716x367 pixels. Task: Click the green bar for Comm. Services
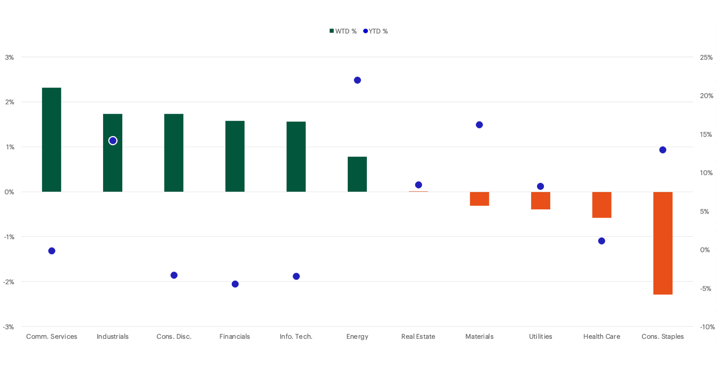(51, 139)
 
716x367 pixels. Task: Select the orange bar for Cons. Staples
(663, 243)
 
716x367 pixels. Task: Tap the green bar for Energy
(357, 174)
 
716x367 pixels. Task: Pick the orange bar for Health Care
(602, 205)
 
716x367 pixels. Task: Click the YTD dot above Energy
(357, 80)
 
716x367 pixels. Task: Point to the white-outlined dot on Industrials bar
(113, 141)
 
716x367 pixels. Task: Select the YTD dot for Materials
(479, 125)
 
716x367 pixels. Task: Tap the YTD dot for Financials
(235, 284)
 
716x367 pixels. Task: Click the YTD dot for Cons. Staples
(663, 150)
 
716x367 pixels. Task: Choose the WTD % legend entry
(343, 31)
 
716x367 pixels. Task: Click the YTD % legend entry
(376, 31)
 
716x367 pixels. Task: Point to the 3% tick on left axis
(9, 57)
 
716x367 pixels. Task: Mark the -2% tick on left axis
(9, 282)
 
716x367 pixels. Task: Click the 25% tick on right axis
(706, 57)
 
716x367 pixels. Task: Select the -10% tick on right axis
(707, 327)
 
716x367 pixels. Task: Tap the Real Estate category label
(418, 336)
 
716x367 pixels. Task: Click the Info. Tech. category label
(296, 336)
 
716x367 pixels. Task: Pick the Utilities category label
(540, 336)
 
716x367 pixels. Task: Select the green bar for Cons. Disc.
(174, 153)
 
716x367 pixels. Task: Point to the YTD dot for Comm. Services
(52, 251)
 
